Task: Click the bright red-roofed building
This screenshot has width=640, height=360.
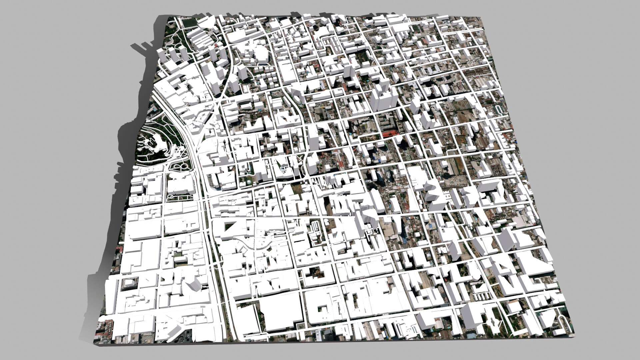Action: tap(390, 134)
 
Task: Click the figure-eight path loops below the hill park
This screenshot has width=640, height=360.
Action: tap(180, 165)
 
